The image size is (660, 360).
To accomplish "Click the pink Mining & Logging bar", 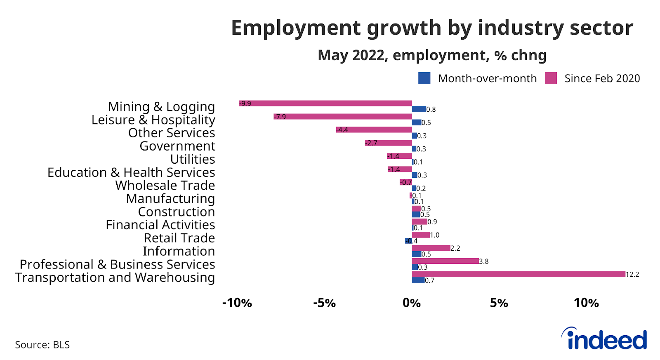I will click(x=325, y=103).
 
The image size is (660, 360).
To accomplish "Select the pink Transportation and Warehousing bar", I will click(x=518, y=274).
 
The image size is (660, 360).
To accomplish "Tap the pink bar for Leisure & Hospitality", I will click(x=342, y=116).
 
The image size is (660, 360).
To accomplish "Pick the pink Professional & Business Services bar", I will click(x=445, y=261).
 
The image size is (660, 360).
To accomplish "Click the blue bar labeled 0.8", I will click(x=419, y=109).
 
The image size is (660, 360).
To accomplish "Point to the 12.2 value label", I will click(x=632, y=275).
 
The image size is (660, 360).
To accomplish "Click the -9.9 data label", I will click(x=245, y=104).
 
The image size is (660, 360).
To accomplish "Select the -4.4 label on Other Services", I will click(x=342, y=129).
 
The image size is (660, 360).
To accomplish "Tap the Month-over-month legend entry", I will click(x=478, y=78).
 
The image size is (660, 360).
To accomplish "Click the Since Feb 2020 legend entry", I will click(x=593, y=78).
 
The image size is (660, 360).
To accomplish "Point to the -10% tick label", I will click(x=237, y=303).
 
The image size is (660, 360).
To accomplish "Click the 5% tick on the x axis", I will click(x=499, y=303).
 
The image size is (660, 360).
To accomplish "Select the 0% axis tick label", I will click(x=412, y=303).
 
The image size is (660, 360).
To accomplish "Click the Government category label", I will click(x=177, y=146).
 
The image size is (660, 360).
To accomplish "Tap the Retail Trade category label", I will click(x=179, y=238).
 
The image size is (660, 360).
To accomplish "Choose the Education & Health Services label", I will click(x=131, y=172).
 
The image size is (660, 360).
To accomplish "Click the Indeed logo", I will click(x=604, y=339).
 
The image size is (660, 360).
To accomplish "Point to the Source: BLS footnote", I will click(x=42, y=345).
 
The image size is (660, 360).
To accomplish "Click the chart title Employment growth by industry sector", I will click(x=432, y=28).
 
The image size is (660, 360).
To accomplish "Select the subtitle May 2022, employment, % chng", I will click(x=432, y=55).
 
